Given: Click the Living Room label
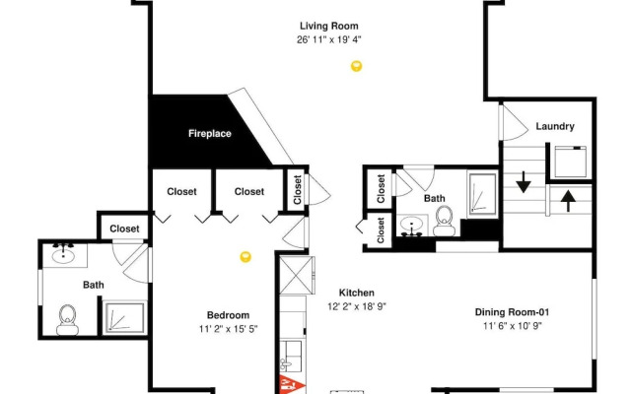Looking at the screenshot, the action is point(328,27).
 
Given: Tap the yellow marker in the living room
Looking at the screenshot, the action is point(356,66).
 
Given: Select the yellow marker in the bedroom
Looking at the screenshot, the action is point(245,256).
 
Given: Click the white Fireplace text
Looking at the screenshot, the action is point(210,134).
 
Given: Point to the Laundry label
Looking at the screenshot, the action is point(555,126).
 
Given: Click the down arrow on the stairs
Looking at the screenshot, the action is point(524,182).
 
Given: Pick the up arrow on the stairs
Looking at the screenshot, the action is point(568,201).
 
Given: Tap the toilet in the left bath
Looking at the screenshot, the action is point(68,320).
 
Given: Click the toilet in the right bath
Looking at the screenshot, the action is point(445,221).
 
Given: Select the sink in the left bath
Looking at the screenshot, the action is point(63,254).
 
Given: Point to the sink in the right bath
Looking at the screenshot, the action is point(411,226).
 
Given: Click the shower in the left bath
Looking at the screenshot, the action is point(124,317).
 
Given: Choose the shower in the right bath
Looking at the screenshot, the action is point(482,194).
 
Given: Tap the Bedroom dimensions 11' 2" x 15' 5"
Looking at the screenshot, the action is point(228,329).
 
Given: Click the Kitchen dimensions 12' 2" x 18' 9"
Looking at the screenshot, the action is point(357,306).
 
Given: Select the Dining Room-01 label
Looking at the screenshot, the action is point(512,312).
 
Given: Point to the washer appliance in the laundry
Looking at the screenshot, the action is point(570,162).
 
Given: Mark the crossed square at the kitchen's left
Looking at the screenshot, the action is point(297,275).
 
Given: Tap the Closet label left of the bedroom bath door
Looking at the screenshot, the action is point(124,229).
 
